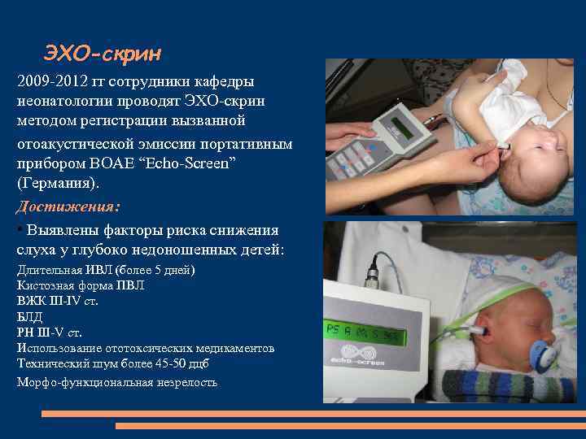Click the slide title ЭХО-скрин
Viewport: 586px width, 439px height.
[x=103, y=54]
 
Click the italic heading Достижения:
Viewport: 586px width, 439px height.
[x=68, y=206]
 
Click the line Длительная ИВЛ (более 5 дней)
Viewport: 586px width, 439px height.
[x=106, y=270]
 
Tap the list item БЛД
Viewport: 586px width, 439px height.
[x=30, y=316]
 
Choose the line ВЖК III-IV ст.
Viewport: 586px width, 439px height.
[x=56, y=301]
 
